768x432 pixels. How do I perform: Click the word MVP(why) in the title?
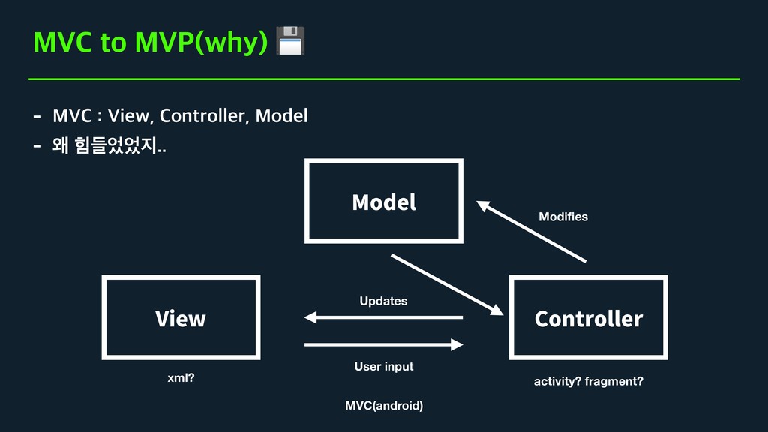click(x=200, y=43)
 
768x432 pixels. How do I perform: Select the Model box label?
click(x=384, y=202)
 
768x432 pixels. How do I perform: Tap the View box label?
click(x=180, y=319)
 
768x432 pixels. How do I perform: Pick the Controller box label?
click(x=589, y=319)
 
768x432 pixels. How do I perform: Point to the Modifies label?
click(x=563, y=217)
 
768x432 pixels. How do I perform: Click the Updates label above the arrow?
click(x=383, y=301)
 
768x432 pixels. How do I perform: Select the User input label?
click(x=383, y=366)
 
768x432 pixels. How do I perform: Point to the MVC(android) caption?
click(x=384, y=406)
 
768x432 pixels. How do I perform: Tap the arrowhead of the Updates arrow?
click(x=310, y=317)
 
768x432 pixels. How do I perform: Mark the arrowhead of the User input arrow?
click(x=457, y=345)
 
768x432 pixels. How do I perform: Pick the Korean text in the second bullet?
click(x=109, y=145)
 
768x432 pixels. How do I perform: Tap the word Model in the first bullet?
click(x=282, y=116)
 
